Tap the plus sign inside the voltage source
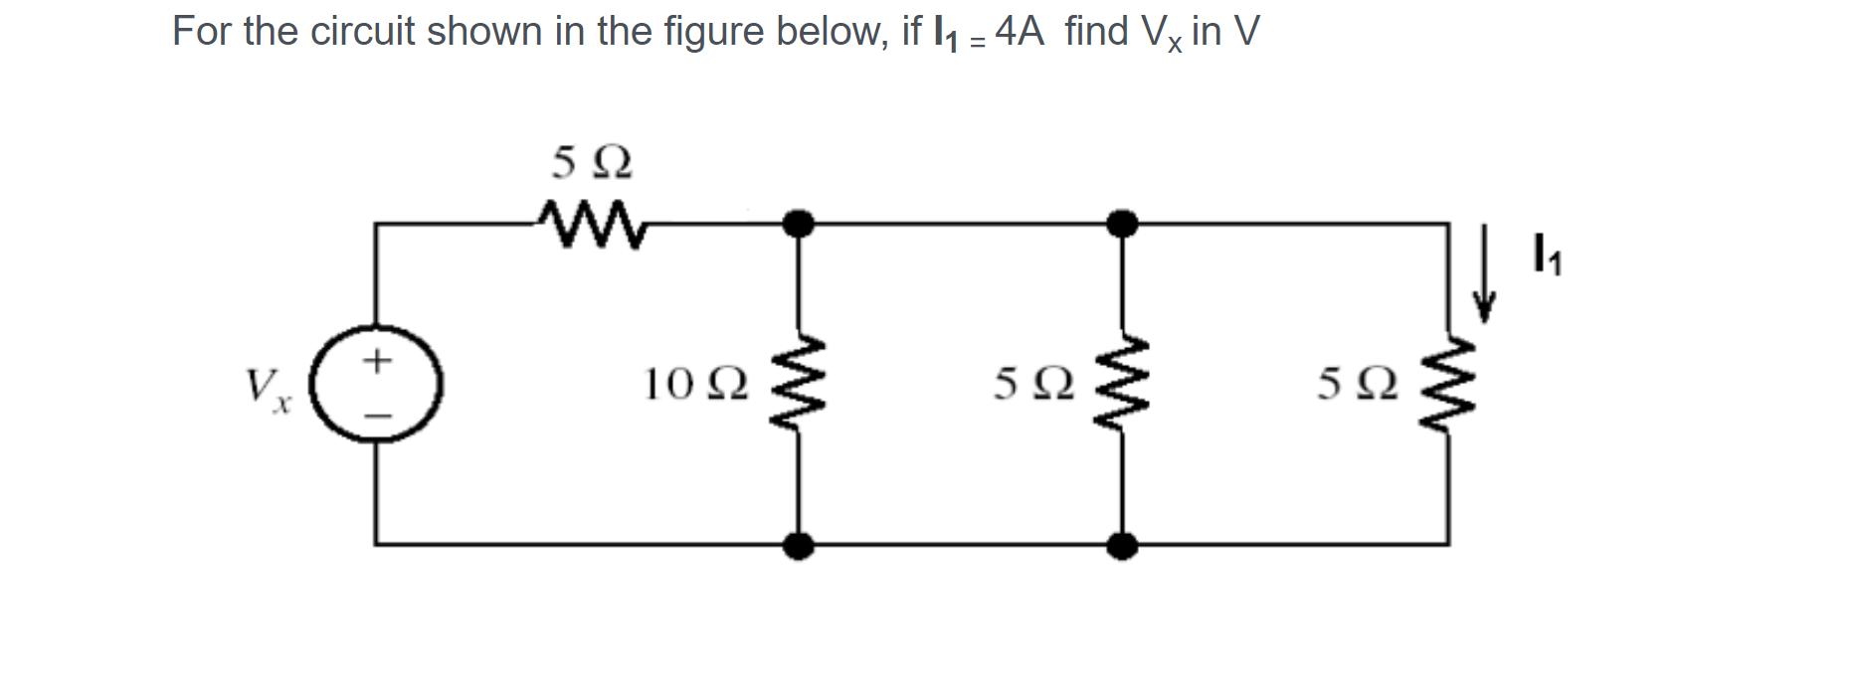click(376, 359)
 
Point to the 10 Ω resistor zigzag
click(798, 384)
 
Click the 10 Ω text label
click(695, 384)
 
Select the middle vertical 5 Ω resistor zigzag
click(1122, 384)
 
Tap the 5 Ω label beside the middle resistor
click(1033, 384)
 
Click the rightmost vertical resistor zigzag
click(1447, 384)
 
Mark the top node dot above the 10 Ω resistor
click(798, 224)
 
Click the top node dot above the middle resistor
click(1122, 224)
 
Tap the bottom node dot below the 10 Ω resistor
click(798, 545)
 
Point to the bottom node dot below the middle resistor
click(1122, 545)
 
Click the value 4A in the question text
click(1020, 32)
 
